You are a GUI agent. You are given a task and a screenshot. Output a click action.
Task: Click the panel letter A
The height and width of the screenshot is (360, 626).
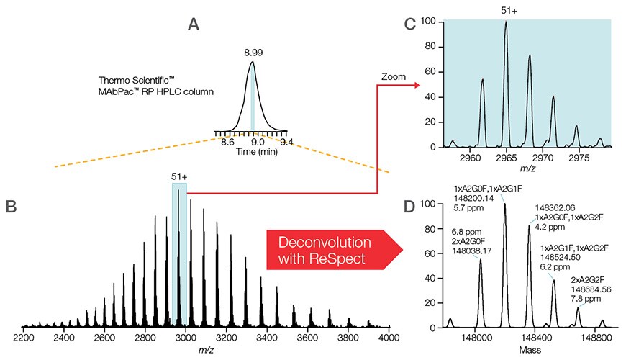[x=194, y=24]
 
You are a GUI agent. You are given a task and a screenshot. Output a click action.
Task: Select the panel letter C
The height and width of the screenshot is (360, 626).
[x=409, y=24]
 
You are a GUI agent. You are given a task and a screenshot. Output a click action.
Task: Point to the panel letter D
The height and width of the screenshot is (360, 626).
[x=409, y=207]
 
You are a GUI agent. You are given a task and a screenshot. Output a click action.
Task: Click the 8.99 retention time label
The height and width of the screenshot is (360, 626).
[x=252, y=52]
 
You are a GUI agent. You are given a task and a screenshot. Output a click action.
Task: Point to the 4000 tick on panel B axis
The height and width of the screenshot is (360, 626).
[x=389, y=337]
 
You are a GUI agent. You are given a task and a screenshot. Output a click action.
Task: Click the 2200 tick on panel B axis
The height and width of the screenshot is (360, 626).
[x=24, y=337]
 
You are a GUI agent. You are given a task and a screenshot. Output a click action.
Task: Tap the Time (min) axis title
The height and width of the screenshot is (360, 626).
[x=251, y=153]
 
